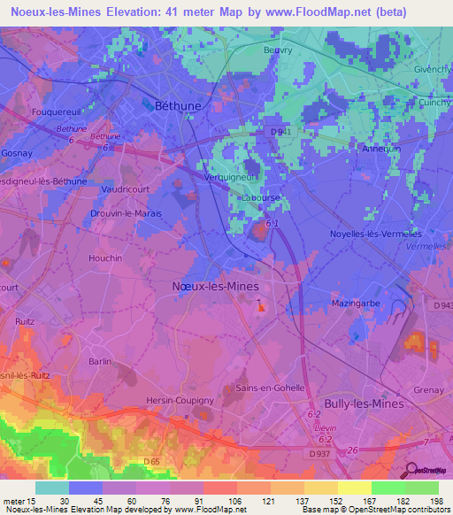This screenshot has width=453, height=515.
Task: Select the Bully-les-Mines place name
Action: (x=363, y=404)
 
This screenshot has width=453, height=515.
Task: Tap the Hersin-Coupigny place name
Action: (x=180, y=401)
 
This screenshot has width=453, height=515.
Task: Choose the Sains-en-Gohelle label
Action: (x=270, y=388)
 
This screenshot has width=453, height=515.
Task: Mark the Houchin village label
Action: (x=105, y=257)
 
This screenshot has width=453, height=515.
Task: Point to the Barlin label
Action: (x=101, y=362)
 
